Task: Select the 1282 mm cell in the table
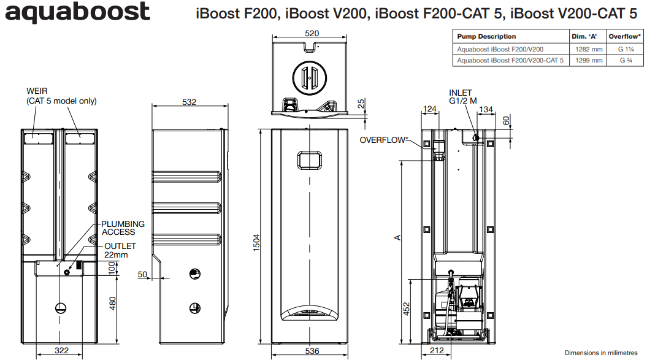(588, 48)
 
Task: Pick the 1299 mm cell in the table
(588, 60)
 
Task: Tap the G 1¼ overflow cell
(626, 48)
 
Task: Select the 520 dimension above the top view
(312, 33)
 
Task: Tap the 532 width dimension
(190, 102)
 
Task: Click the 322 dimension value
(61, 351)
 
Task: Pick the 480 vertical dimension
(112, 304)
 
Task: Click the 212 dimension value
(436, 351)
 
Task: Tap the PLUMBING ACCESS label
(123, 228)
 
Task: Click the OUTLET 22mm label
(120, 250)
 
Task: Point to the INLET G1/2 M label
(462, 97)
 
